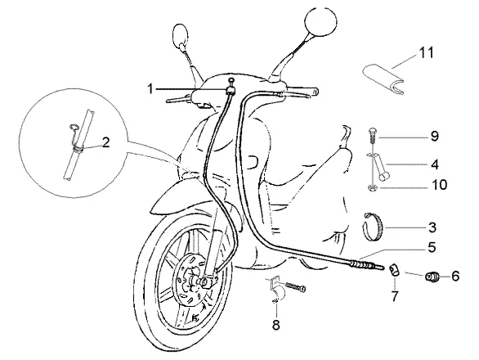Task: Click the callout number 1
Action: (x=150, y=89)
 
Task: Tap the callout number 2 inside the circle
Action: (x=105, y=142)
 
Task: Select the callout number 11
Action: (x=427, y=53)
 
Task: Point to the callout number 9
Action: (x=434, y=136)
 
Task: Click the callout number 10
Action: (x=440, y=185)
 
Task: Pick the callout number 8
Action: (x=275, y=325)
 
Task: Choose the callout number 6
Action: (x=455, y=277)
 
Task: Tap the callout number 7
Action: (x=395, y=295)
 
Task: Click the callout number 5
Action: (x=432, y=247)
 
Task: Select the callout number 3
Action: (x=432, y=227)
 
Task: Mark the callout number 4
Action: (x=434, y=164)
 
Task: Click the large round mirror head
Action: (x=320, y=21)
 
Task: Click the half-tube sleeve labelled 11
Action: (x=383, y=78)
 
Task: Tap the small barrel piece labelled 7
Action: (x=394, y=271)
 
